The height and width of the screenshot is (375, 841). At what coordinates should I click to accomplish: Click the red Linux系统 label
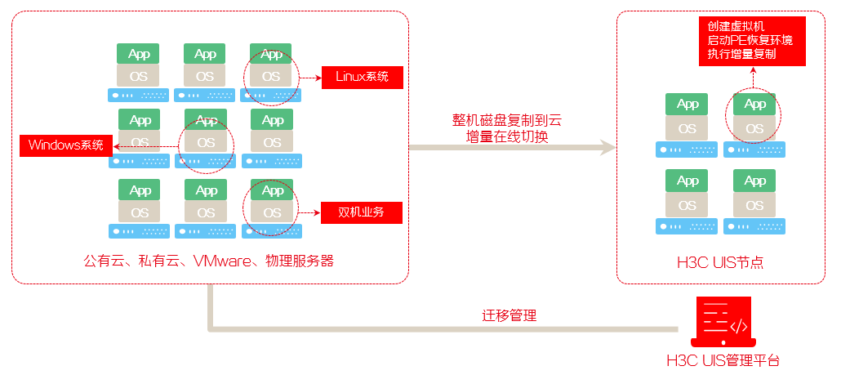(363, 77)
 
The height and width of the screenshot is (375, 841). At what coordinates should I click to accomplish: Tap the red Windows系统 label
(66, 145)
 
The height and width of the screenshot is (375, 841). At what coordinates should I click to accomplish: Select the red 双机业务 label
(362, 212)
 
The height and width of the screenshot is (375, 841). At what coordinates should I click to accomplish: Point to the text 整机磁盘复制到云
(506, 120)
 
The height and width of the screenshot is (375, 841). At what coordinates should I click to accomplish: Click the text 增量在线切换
(506, 136)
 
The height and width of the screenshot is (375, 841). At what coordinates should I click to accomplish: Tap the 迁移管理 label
(509, 315)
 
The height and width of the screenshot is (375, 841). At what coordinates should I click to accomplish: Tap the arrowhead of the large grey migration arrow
(607, 148)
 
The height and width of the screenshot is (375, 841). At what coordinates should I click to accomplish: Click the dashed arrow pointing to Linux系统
(309, 78)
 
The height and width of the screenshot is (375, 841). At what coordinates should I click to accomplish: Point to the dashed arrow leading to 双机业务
(309, 213)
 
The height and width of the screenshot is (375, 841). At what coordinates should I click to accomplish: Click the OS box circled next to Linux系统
(271, 77)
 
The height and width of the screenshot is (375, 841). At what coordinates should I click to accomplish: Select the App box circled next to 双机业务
(273, 190)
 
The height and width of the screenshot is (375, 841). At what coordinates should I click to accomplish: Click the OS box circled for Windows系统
(206, 142)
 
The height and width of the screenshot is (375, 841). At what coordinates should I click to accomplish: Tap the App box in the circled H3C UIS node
(754, 104)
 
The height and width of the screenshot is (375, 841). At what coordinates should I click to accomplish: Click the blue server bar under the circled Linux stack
(271, 95)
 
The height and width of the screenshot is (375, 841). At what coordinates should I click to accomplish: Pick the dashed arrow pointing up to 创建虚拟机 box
(754, 79)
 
